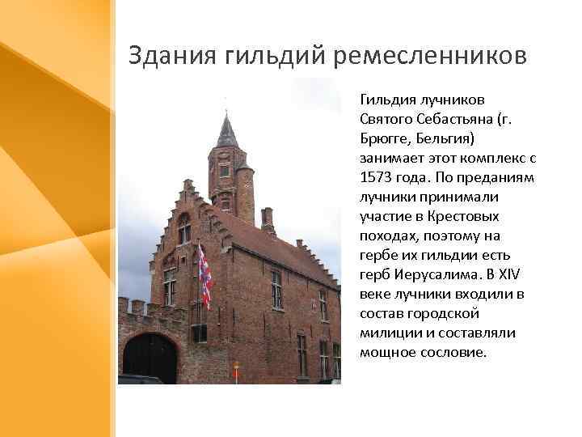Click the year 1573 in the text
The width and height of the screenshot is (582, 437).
(377, 177)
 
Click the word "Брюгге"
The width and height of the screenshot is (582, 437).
(388, 138)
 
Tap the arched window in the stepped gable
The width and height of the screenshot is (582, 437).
(184, 228)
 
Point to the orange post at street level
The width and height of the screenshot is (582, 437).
(236, 373)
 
